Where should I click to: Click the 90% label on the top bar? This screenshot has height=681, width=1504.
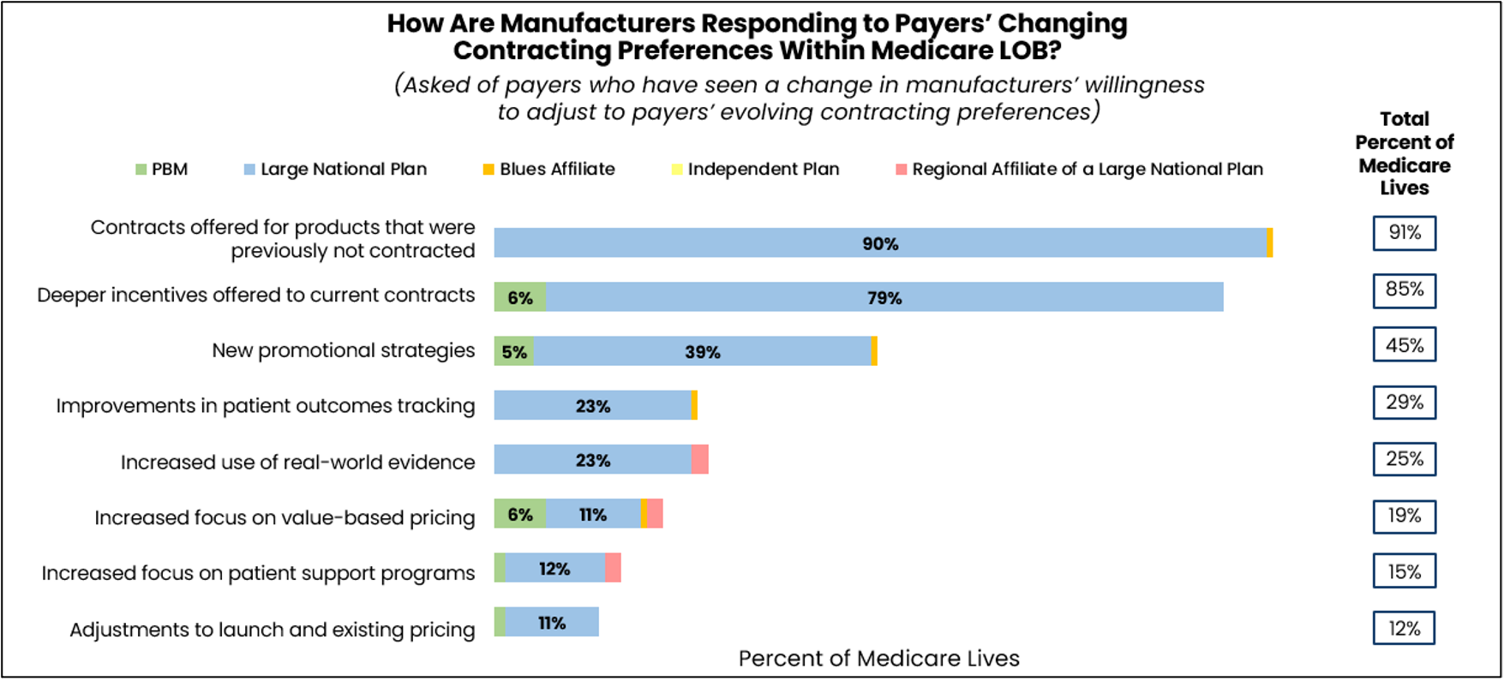[x=880, y=244]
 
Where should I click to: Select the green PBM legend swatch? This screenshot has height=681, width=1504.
[x=141, y=170]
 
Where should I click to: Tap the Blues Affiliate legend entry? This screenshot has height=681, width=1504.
[x=548, y=170]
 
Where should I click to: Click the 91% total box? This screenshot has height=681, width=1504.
[x=1404, y=233]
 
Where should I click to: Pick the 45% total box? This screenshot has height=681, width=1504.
[x=1404, y=345]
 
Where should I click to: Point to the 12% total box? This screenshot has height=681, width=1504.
[x=1404, y=628]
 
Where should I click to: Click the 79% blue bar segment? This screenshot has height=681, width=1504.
[x=884, y=298]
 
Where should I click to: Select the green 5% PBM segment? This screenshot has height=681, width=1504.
[x=513, y=352]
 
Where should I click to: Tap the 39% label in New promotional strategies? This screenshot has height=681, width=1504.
[x=702, y=352]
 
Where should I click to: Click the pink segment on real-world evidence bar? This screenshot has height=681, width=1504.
[x=699, y=460]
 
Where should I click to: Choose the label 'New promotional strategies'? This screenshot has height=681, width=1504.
[x=343, y=350]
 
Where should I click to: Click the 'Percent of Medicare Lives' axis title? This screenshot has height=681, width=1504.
[x=878, y=658]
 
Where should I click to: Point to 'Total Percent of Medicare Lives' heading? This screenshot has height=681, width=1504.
[x=1404, y=153]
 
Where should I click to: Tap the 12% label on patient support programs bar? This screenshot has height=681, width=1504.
[x=554, y=569]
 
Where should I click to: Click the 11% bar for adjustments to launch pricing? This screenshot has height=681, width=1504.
[x=551, y=623]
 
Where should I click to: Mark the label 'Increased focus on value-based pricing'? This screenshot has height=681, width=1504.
[x=285, y=517]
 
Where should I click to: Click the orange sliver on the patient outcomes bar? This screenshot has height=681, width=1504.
[x=694, y=405]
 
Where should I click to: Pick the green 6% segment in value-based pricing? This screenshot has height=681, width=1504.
[x=519, y=514]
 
